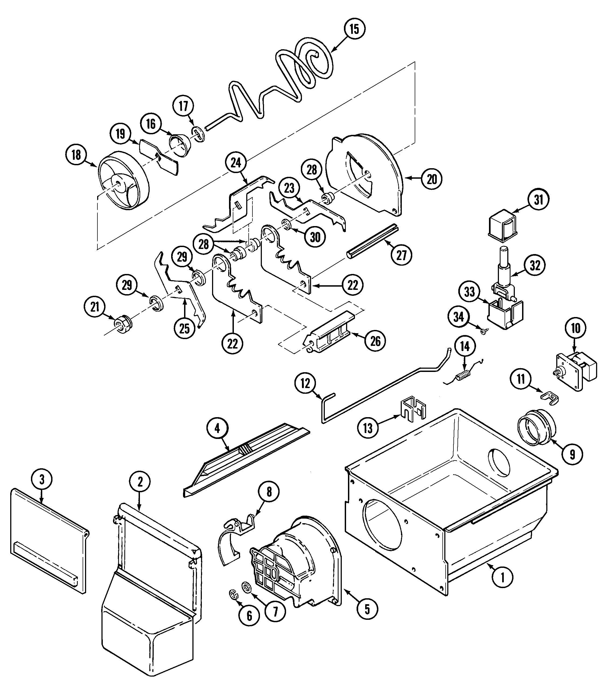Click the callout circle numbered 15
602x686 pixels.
[354, 29]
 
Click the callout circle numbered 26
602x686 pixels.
[375, 341]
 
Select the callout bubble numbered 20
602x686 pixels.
[432, 179]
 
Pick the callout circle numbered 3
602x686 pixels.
[42, 479]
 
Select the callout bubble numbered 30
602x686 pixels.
[315, 237]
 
